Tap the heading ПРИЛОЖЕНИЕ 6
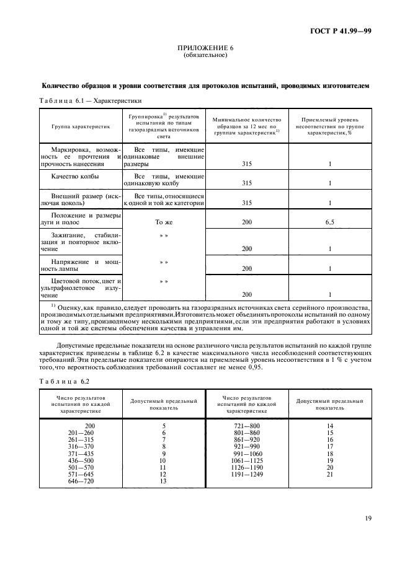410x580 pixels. (205, 48)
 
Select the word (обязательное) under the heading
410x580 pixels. (205, 55)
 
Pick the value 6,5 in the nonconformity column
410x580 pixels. (329, 221)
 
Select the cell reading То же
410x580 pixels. (164, 221)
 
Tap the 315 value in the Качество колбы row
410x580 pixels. (246, 184)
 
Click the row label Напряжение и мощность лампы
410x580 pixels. (81, 265)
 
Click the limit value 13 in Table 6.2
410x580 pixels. (164, 481)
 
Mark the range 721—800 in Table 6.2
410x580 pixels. (246, 425)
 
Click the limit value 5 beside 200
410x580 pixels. (164, 425)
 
